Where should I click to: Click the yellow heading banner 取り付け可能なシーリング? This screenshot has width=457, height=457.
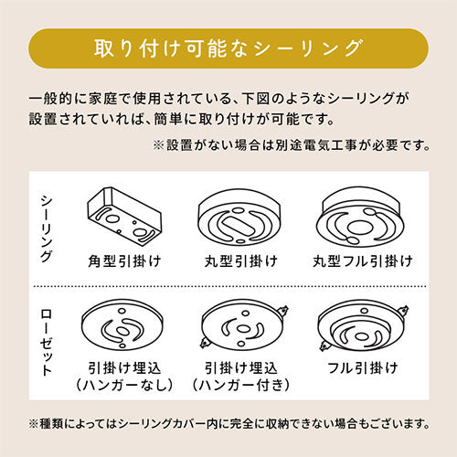coord(228,48)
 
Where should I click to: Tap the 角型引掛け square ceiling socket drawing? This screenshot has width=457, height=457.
coord(124,216)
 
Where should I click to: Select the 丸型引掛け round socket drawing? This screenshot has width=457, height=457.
coord(239,218)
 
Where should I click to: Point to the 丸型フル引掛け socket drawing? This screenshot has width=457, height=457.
coord(360,218)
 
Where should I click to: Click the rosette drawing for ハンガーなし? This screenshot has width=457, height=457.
coord(122,324)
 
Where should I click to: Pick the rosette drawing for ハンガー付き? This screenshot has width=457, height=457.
coord(243,324)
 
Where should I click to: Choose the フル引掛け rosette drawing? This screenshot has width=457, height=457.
coord(363,326)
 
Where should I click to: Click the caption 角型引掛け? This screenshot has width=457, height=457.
coord(124,261)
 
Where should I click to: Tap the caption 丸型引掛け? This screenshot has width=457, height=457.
coord(240,261)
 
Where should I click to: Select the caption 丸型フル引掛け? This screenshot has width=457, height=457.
coord(363,261)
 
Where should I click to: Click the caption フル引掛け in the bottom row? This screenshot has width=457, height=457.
coord(363,368)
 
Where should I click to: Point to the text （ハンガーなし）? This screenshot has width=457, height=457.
coord(124,385)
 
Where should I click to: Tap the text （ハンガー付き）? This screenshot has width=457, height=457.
coord(240,385)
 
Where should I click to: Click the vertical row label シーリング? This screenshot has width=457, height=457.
coord(47,228)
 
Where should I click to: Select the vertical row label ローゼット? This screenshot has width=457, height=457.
coord(47,343)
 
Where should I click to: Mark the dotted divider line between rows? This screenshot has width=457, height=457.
coord(230,286)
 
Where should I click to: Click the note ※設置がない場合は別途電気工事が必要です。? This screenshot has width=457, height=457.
coord(292,145)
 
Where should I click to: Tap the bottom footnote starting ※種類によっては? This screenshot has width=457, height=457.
coord(229,423)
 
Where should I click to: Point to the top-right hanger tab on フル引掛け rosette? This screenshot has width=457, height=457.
coord(403,311)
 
